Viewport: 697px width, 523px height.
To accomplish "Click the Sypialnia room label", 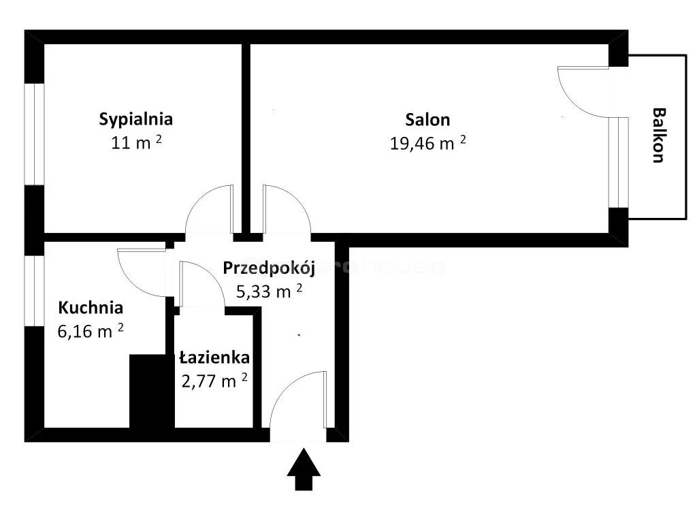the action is click(x=135, y=120).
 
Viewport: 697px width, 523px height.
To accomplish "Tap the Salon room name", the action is click(x=427, y=120).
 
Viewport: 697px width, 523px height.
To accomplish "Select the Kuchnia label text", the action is click(x=91, y=308).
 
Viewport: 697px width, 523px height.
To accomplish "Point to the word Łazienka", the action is click(x=214, y=358).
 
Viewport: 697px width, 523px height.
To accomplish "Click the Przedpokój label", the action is click(x=269, y=268).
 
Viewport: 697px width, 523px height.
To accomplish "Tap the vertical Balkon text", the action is click(x=659, y=136).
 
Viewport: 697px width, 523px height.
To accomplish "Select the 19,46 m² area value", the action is click(x=427, y=143).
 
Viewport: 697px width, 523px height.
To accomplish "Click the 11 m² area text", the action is click(x=136, y=143).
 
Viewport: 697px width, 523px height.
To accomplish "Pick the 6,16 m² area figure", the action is click(x=91, y=331).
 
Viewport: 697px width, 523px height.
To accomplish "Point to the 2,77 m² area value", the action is click(x=214, y=381).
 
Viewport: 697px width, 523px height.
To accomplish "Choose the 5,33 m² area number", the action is click(x=269, y=291).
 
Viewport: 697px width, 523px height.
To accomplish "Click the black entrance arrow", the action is click(x=304, y=469).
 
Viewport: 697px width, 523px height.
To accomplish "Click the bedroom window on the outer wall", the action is click(x=34, y=134).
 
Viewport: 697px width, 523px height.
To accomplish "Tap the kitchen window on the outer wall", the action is click(x=34, y=291).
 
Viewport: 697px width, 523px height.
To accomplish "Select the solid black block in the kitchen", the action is click(x=152, y=392).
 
